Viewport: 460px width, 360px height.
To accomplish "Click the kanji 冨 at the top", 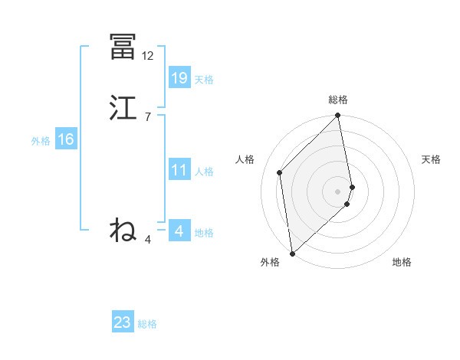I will (x=123, y=47).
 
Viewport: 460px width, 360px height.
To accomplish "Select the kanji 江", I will (x=123, y=107).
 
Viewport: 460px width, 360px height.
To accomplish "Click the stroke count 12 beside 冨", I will (x=148, y=55).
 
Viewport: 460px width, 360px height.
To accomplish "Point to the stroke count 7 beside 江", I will (x=147, y=116).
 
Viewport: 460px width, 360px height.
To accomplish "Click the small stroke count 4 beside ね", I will (x=148, y=240).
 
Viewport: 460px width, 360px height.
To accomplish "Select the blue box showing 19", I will (x=179, y=77).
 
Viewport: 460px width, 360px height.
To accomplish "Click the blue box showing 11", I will (x=179, y=170).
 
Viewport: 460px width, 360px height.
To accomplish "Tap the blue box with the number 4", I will (x=179, y=231).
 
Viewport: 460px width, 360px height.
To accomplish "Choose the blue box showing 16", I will (x=66, y=139).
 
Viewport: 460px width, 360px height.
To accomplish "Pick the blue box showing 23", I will (x=123, y=322).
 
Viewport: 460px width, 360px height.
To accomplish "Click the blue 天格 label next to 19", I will (x=204, y=80).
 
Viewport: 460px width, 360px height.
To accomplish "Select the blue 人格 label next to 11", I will (x=204, y=172).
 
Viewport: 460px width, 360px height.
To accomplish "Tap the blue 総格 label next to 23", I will (x=147, y=324).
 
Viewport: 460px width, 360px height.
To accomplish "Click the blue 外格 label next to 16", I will (x=41, y=141).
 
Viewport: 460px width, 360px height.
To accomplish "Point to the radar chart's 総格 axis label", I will (x=338, y=100).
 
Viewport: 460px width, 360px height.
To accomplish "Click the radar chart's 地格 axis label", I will (x=402, y=263).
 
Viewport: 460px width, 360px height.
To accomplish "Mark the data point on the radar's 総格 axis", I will (x=338, y=116).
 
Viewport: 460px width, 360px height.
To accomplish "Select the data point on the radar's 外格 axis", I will (x=292, y=253).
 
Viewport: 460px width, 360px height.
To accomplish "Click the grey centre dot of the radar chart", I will (x=338, y=191).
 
